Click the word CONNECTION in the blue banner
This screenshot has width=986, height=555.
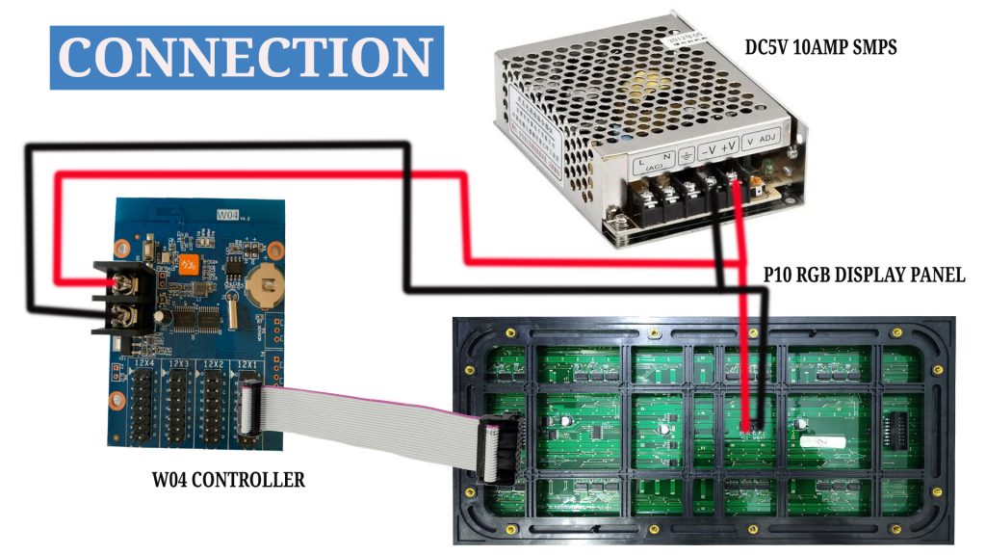[246, 58]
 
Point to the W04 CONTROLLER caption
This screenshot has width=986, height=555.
[228, 479]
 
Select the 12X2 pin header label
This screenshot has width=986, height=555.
[214, 364]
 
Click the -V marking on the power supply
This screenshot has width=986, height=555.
[706, 149]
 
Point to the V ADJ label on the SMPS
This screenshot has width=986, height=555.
[763, 142]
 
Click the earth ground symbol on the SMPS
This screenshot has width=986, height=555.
[686, 154]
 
